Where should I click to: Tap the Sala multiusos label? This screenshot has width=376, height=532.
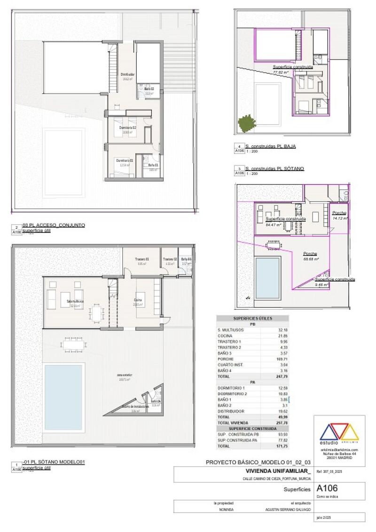pyautogui.click(x=75, y=301)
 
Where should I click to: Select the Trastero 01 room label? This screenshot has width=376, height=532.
pyautogui.click(x=142, y=259)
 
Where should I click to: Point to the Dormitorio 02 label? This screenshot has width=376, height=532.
pyautogui.click(x=127, y=128)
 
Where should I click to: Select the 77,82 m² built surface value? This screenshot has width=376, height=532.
pyautogui.click(x=281, y=73)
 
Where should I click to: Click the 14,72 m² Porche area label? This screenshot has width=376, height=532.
pyautogui.click(x=339, y=219)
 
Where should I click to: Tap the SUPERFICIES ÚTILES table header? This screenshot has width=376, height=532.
pyautogui.click(x=253, y=318)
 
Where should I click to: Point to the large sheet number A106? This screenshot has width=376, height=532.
pyautogui.click(x=327, y=488)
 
